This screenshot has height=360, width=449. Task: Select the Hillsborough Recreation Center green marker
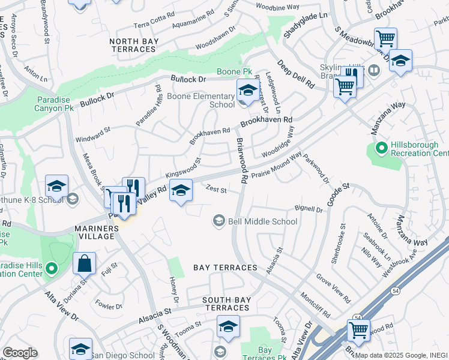[381, 147]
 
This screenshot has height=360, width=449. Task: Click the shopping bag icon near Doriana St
[85, 263]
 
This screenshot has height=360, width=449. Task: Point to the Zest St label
[216, 190]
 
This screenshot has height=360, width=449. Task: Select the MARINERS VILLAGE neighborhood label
[95, 232]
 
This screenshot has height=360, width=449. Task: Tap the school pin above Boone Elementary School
[247, 91]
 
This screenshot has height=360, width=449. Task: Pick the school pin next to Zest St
[181, 191]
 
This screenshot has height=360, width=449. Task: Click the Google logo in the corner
[19, 353]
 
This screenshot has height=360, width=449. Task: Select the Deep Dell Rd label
[295, 74]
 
